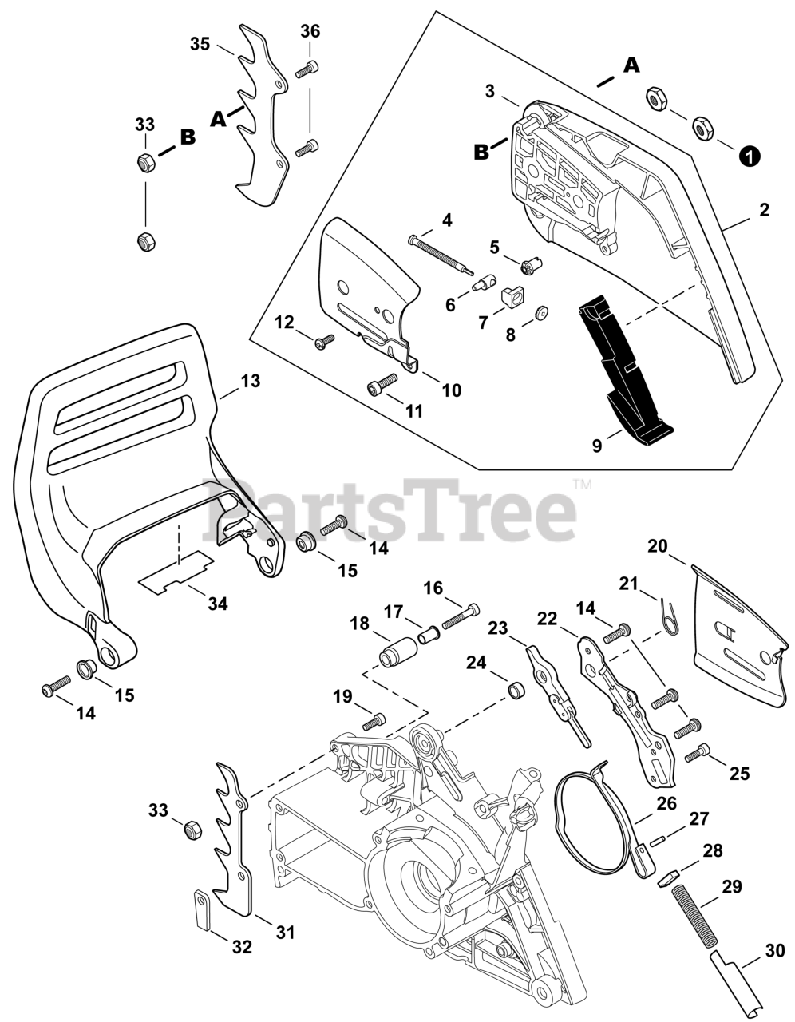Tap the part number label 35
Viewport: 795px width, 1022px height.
(x=200, y=43)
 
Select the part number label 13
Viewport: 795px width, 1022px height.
(x=250, y=381)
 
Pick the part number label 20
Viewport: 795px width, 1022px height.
(x=658, y=546)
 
